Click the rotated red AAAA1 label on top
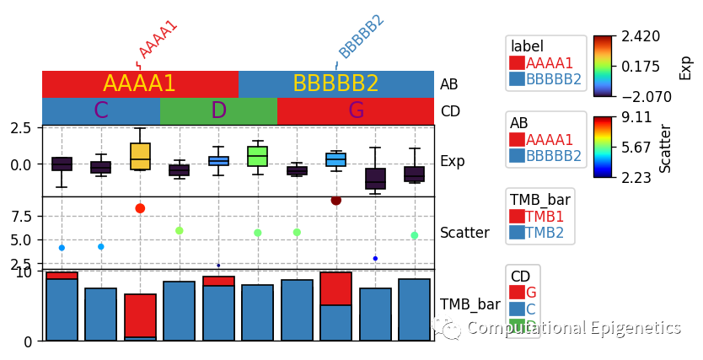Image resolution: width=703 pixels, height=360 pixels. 158,39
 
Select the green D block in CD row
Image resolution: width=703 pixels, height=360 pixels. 218,110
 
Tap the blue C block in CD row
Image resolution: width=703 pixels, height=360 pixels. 101,110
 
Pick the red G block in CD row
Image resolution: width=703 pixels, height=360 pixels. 356,110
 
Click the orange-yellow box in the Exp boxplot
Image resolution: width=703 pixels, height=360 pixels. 140,156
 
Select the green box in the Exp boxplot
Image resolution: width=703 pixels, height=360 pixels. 257,156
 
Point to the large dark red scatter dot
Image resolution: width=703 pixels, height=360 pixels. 336,200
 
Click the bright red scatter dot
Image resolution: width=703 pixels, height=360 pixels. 140,208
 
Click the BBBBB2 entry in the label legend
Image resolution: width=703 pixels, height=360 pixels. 553,79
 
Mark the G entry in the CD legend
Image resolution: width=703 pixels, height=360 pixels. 530,292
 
